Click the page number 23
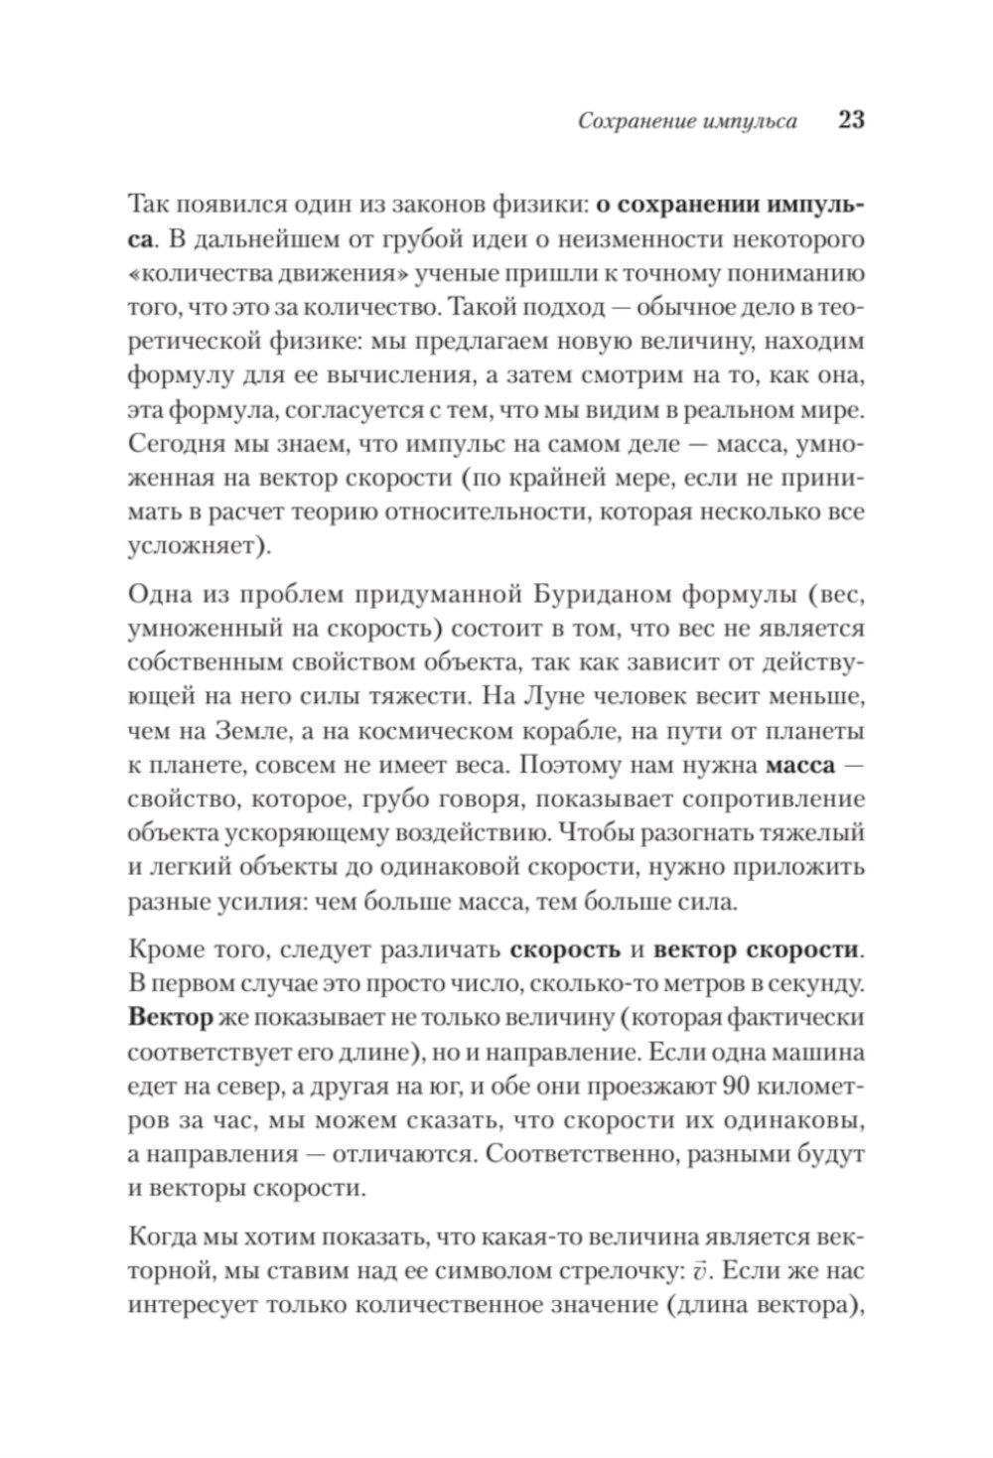(852, 121)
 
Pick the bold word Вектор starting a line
(171, 1018)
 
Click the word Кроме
(163, 949)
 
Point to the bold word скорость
(565, 949)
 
